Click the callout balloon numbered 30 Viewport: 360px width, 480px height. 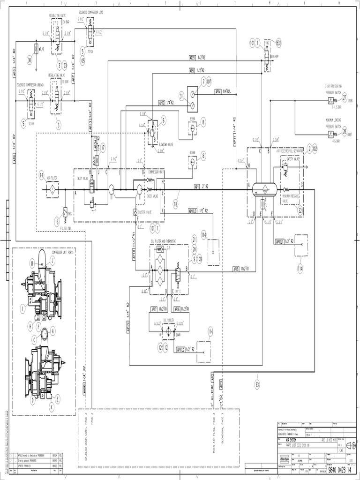(x=30, y=60)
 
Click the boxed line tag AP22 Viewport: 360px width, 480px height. (x=162, y=103)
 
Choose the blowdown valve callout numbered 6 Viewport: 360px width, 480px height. (x=163, y=120)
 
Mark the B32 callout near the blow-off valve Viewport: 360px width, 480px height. (x=278, y=43)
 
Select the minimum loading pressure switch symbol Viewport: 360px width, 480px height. (x=330, y=133)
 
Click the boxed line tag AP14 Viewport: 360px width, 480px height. (x=218, y=91)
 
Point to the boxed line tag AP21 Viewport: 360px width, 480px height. (x=192, y=58)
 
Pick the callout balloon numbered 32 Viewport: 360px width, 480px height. (x=300, y=210)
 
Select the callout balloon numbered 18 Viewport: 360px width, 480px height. (x=176, y=204)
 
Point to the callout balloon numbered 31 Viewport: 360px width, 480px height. (x=181, y=96)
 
